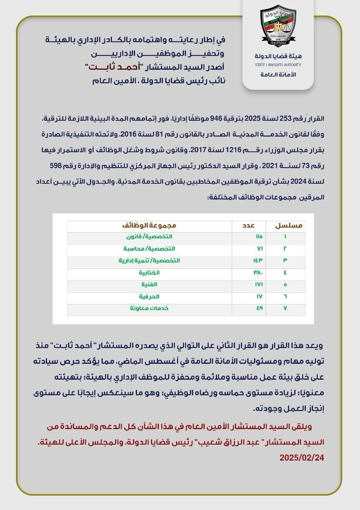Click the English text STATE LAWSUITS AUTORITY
coord(278,65)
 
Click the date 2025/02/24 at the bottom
coord(301,457)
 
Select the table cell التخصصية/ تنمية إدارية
coord(149,261)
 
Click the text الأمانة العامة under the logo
coord(278,75)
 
